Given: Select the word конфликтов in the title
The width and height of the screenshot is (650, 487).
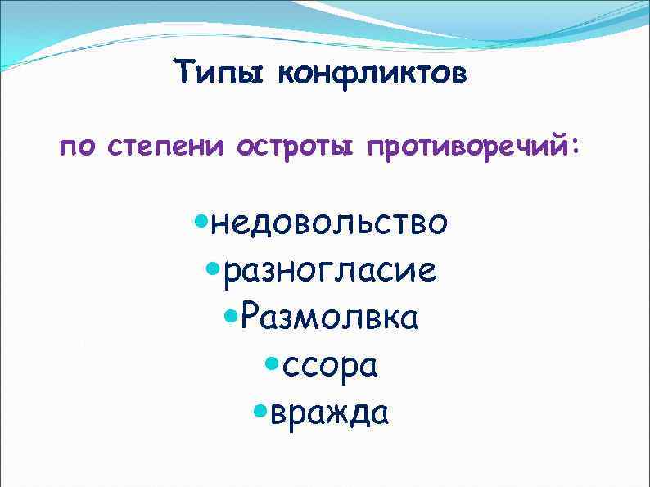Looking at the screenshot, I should [373, 76].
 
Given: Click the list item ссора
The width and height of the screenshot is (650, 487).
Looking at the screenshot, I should [330, 366].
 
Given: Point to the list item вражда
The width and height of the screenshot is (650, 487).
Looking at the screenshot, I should [329, 413].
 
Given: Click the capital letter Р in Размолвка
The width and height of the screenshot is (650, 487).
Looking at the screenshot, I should [251, 318].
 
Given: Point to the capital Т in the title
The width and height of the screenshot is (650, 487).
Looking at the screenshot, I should [185, 75].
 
